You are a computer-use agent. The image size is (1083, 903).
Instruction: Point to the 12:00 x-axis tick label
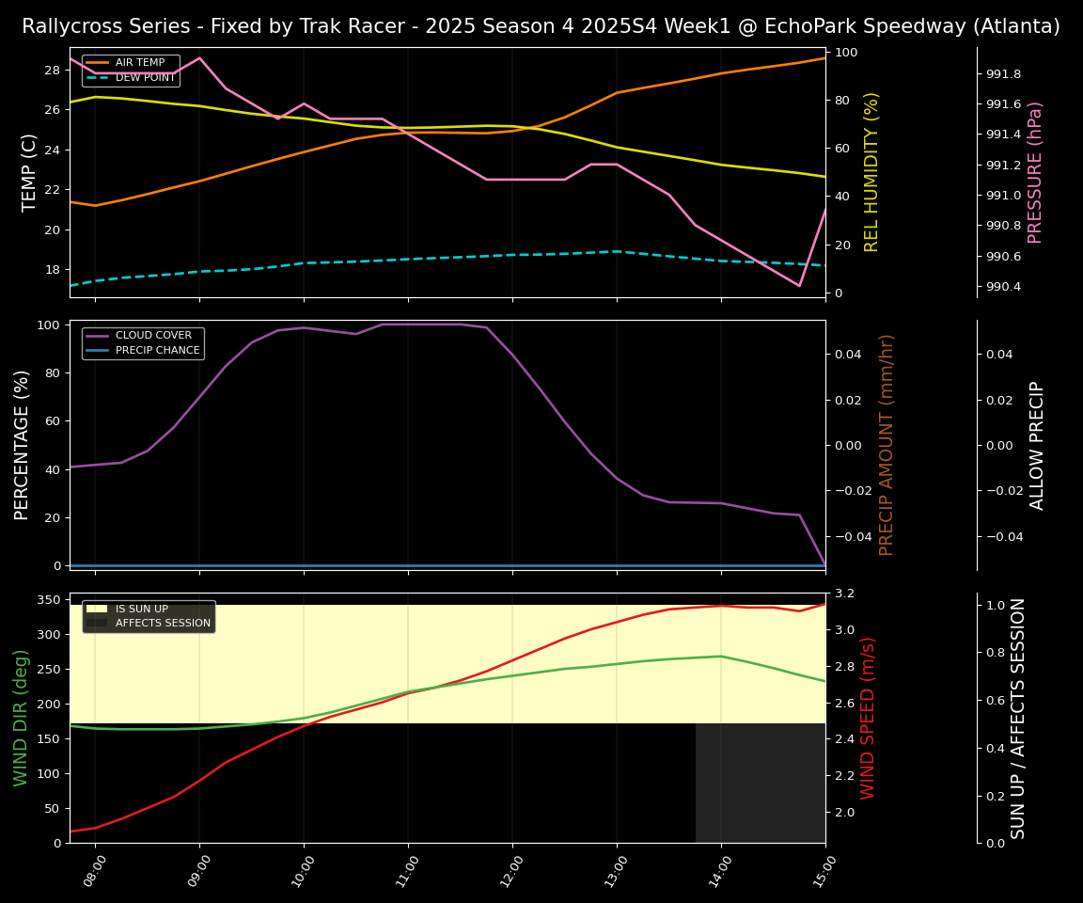tap(512, 871)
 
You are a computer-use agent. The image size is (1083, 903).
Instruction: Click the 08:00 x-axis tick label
tap(95, 871)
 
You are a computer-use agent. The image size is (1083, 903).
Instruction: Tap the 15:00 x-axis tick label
tap(825, 871)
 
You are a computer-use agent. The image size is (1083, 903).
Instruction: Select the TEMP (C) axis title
tap(29, 172)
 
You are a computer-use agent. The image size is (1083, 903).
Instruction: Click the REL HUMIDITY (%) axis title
tap(871, 172)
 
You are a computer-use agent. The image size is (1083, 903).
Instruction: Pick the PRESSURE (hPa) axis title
tap(1035, 172)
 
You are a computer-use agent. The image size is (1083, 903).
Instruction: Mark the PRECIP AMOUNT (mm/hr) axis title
tap(887, 445)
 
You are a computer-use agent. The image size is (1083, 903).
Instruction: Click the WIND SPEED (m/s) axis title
tap(868, 718)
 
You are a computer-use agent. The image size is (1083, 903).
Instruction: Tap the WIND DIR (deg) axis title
tap(21, 718)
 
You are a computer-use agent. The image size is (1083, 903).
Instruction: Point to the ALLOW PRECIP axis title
tap(1037, 445)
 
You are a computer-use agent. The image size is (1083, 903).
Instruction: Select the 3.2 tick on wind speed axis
tap(843, 594)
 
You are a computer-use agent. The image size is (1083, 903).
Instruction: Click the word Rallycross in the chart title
tap(68, 26)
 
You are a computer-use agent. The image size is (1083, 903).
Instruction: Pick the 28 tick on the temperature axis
tap(52, 71)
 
